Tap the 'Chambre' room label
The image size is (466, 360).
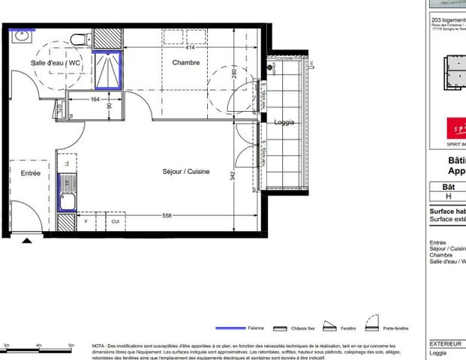click(x=185, y=63)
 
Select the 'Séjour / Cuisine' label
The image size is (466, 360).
click(x=185, y=172)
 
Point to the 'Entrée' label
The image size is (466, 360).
click(x=30, y=173)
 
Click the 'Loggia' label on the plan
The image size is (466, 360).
click(x=284, y=122)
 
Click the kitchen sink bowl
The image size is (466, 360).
click(x=66, y=200)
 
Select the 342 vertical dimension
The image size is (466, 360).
click(x=233, y=175)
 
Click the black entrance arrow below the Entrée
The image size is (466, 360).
click(x=28, y=241)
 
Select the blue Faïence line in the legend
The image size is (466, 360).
click(x=230, y=328)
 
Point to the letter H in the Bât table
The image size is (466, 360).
click(x=449, y=195)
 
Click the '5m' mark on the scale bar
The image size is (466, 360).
click(x=71, y=345)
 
